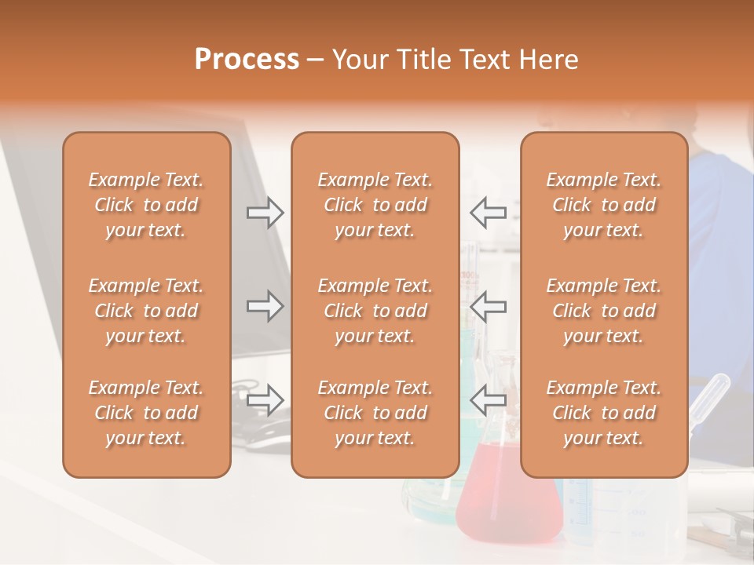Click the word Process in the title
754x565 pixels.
click(x=247, y=60)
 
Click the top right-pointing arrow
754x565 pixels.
click(x=265, y=213)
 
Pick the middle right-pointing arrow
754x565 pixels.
click(x=265, y=306)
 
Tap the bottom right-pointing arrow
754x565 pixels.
click(x=265, y=399)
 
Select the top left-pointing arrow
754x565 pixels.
click(x=488, y=213)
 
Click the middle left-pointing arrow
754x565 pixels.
click(x=488, y=306)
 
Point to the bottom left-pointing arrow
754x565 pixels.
click(x=488, y=399)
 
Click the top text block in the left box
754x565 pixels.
click(x=146, y=205)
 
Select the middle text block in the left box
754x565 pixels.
click(x=146, y=311)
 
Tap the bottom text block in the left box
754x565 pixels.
click(x=146, y=413)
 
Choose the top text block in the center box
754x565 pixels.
click(x=375, y=205)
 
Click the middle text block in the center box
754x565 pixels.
click(x=375, y=311)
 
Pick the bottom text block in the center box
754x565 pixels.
click(x=375, y=413)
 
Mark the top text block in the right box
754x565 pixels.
click(x=603, y=205)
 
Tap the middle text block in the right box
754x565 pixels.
click(x=603, y=311)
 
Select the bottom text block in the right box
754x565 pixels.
click(x=603, y=413)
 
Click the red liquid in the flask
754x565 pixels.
click(x=509, y=502)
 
